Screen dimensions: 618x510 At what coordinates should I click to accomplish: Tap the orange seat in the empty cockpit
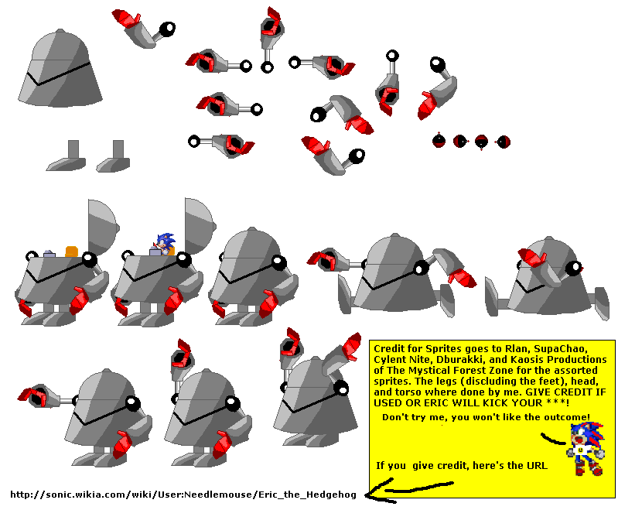[x=72, y=252]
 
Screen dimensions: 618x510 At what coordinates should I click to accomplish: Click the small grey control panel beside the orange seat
[x=50, y=254]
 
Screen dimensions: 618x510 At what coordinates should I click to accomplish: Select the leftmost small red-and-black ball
[x=439, y=141]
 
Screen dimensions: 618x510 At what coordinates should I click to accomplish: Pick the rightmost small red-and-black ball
[x=504, y=142]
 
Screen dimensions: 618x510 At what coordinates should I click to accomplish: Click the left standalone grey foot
[x=67, y=156]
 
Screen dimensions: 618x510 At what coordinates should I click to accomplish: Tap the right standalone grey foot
[x=114, y=156]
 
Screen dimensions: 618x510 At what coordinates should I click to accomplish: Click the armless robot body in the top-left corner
[x=60, y=68]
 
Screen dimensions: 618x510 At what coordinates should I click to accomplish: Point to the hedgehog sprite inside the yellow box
[x=586, y=449]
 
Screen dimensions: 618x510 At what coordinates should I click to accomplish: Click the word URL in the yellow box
[x=537, y=466]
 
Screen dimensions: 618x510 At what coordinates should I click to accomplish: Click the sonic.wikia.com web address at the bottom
[x=183, y=495]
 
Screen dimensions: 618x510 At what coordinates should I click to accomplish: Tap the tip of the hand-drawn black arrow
[x=366, y=495]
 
